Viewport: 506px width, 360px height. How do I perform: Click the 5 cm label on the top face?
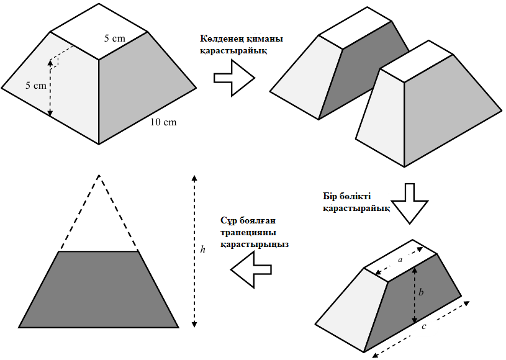point(114,38)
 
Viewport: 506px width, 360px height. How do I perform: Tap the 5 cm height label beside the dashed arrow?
point(36,86)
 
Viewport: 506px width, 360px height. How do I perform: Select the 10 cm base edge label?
point(163,122)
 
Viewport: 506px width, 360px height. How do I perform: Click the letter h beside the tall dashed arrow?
point(203,250)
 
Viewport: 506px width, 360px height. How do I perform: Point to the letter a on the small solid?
point(400,260)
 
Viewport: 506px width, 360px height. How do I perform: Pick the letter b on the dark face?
point(422,292)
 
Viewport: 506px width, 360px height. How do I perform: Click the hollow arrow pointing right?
point(234,78)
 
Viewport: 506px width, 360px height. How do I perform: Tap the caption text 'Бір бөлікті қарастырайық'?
point(355,203)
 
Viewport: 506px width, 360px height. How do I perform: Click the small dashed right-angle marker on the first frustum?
point(60,57)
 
